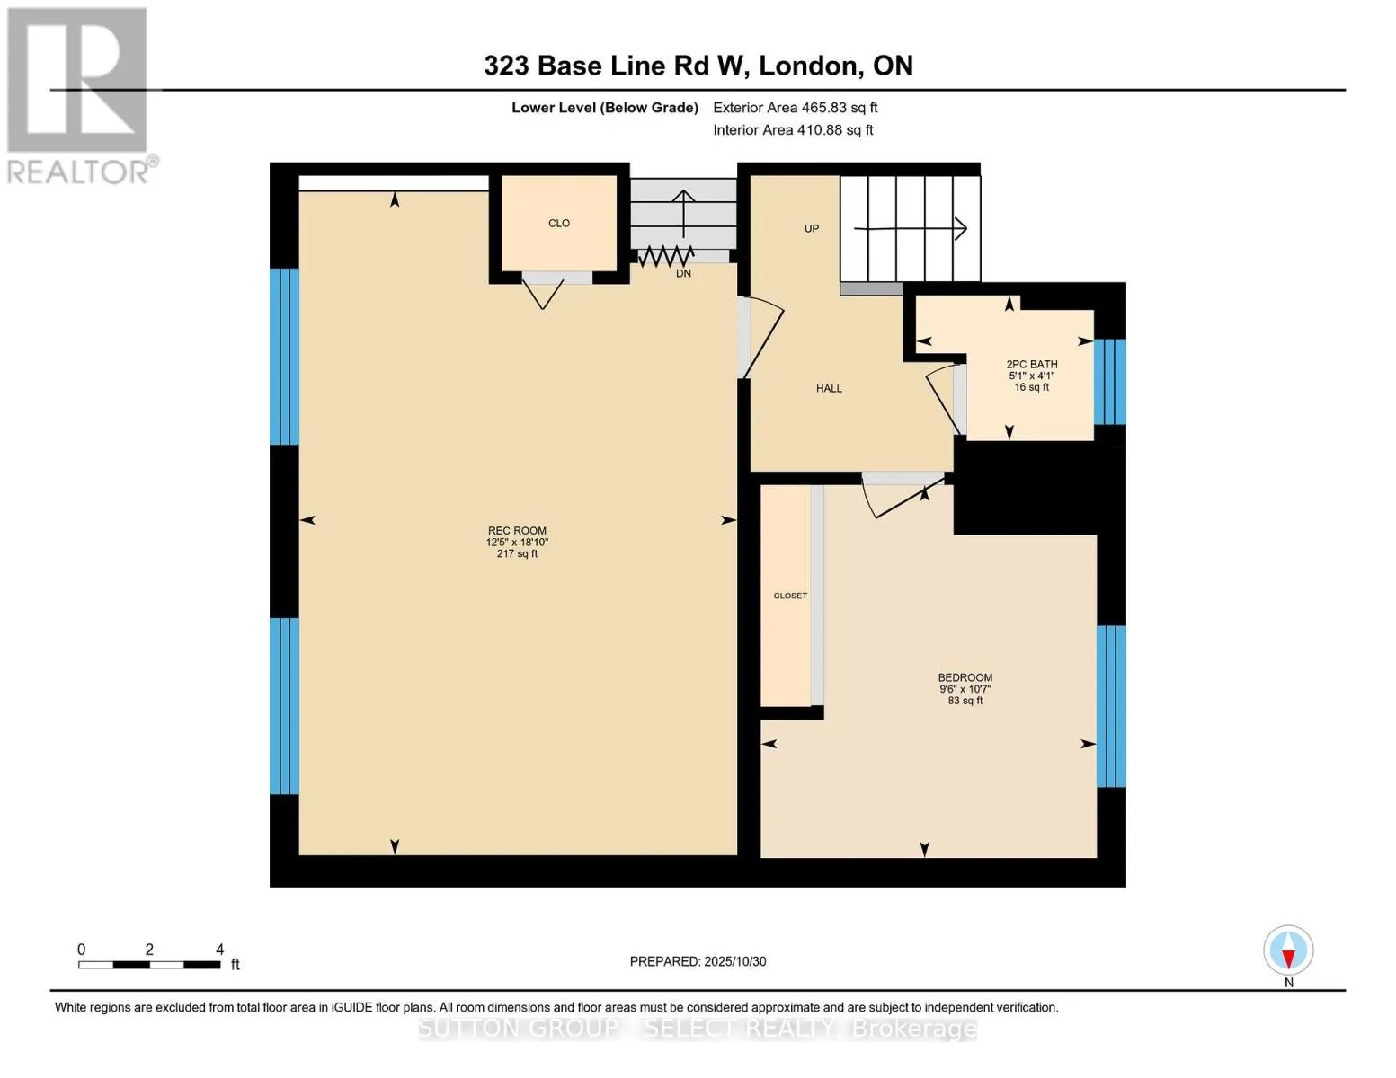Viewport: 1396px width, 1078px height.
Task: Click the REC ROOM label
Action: (x=517, y=531)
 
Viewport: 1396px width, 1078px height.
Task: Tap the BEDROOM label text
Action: (x=965, y=677)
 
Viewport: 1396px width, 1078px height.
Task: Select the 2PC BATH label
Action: (x=1031, y=365)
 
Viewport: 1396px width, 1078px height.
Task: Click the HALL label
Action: (x=829, y=388)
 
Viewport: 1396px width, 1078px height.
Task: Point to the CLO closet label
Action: (x=558, y=223)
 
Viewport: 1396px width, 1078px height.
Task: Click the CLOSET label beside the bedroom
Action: (x=790, y=596)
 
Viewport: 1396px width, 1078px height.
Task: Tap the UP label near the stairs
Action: (x=812, y=228)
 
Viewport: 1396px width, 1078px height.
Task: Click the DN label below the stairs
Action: (x=683, y=273)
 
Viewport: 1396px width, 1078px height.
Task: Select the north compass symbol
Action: (x=1288, y=950)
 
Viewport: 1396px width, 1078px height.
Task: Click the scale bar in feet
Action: (x=149, y=965)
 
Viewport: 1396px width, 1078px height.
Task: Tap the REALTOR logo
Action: (x=79, y=95)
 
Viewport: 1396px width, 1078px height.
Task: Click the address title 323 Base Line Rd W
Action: (x=698, y=66)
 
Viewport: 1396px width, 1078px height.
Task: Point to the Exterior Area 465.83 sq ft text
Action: (x=795, y=108)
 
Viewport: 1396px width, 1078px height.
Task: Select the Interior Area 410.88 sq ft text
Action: (x=793, y=130)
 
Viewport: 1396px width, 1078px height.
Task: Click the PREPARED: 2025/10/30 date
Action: (x=698, y=961)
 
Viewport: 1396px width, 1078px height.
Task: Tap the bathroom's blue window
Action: (x=1109, y=381)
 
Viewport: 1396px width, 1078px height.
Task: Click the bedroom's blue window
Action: (x=1110, y=706)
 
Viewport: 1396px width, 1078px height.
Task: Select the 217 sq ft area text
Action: (x=517, y=554)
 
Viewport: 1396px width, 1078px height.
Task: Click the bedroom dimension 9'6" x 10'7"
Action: (x=965, y=689)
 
